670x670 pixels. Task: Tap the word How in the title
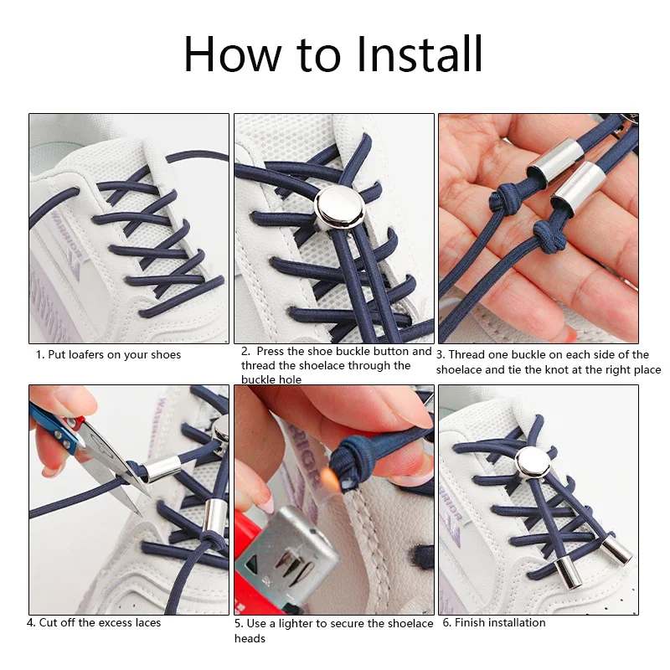pos(233,54)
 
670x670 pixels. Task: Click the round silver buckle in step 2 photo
pos(340,207)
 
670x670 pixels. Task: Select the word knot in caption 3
pos(555,369)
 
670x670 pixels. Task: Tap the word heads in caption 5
pos(250,639)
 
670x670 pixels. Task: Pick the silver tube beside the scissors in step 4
pos(162,468)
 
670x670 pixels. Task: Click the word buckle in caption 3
pos(529,354)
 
